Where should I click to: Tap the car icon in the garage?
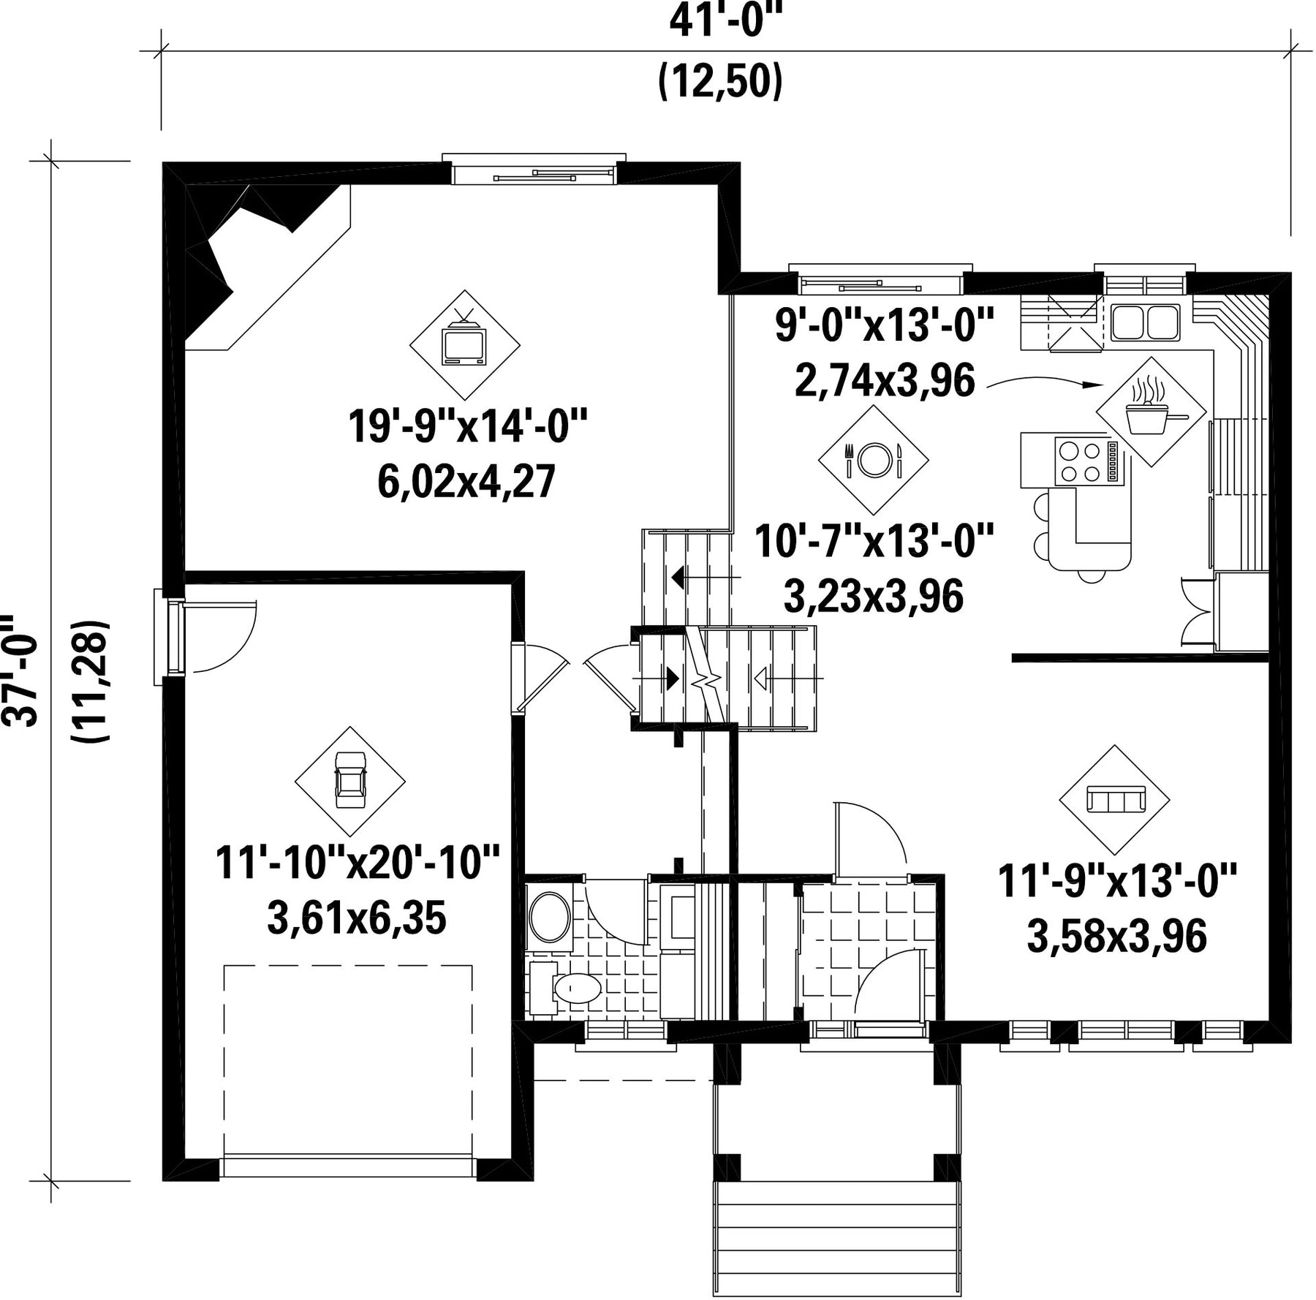point(350,781)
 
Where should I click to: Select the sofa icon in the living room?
point(1114,799)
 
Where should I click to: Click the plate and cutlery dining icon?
point(873,460)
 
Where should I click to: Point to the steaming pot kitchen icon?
point(1151,411)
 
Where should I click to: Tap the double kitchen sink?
point(1145,322)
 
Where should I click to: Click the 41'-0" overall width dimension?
point(721,23)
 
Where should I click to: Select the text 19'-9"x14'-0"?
point(467,426)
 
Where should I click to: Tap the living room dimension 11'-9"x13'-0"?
point(1116,880)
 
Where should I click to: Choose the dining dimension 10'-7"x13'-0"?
point(874,540)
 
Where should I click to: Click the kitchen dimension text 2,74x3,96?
point(885,380)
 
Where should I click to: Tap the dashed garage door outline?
point(348,1059)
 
